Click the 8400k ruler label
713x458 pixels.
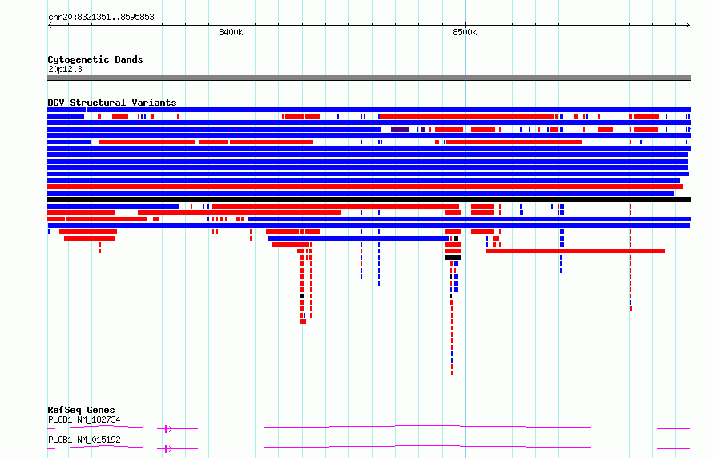coord(231,32)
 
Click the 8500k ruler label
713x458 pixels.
coord(465,32)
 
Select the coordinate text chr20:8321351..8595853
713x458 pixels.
coord(101,18)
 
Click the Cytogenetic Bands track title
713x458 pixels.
coord(95,59)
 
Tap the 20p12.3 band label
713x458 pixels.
coord(65,69)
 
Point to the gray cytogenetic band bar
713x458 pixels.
coord(369,78)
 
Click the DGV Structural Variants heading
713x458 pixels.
coord(112,103)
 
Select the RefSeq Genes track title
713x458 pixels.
coord(81,410)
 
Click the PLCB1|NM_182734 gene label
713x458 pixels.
coord(84,419)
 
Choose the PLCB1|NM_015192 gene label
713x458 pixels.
coord(84,440)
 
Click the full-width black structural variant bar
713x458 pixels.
coord(369,200)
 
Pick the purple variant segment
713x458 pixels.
coord(400,129)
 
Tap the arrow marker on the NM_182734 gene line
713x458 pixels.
coord(167,429)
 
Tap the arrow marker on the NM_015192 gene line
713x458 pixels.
coord(167,449)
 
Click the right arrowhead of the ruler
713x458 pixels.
coord(688,26)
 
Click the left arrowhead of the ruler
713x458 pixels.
coord(50,26)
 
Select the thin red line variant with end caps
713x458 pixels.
coord(231,116)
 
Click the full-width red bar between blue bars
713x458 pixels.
coord(365,187)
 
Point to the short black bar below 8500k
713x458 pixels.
coord(453,257)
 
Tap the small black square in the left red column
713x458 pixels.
coord(302,296)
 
